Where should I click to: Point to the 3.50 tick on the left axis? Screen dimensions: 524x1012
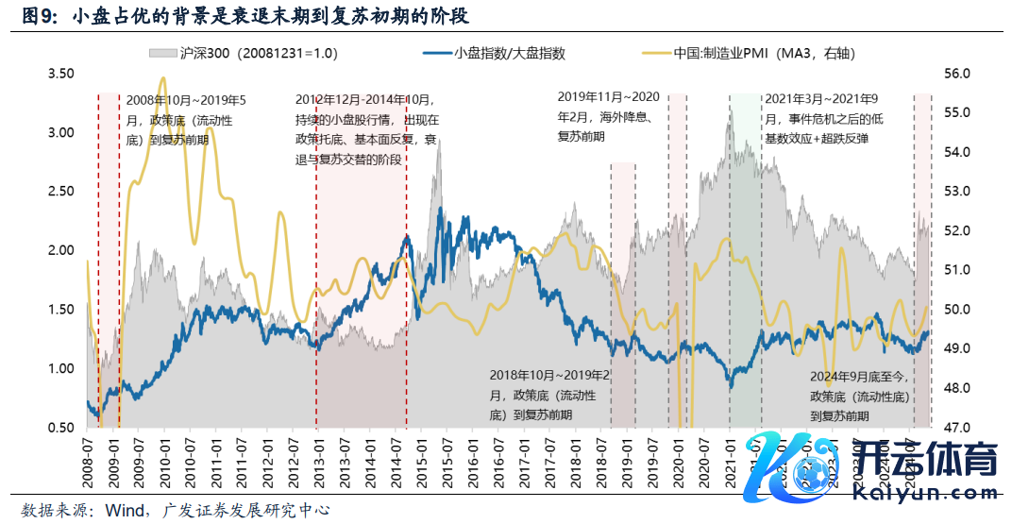61,74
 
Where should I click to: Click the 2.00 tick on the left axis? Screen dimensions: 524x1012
61,250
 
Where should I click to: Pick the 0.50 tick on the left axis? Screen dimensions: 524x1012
61,428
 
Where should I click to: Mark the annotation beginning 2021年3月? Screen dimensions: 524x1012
823,118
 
